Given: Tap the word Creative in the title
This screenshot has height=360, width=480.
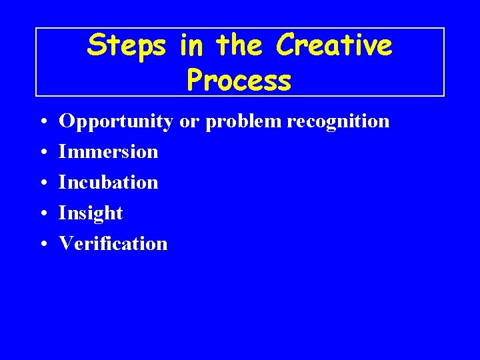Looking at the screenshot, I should (334, 45).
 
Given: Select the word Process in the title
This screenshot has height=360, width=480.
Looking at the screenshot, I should (239, 80).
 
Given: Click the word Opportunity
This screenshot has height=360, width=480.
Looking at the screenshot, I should (116, 121).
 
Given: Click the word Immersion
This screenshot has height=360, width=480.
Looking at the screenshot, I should (109, 152).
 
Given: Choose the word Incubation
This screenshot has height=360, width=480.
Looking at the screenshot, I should (109, 182).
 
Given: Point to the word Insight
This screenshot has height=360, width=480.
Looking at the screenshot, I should (91, 213).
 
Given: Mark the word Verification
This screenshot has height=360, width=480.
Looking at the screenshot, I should (113, 243).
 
